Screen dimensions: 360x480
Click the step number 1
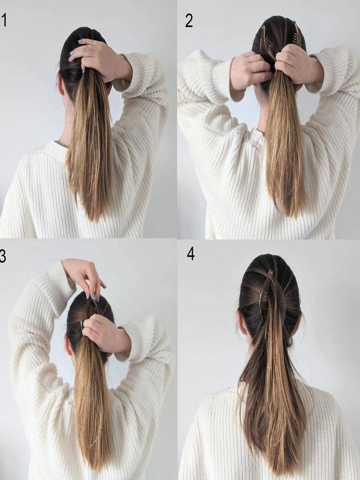(x=4, y=20)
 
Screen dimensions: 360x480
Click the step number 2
(x=189, y=21)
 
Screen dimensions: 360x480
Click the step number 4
(x=191, y=254)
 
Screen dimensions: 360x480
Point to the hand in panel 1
(x=98, y=59)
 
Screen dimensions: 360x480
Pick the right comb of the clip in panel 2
(x=294, y=35)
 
